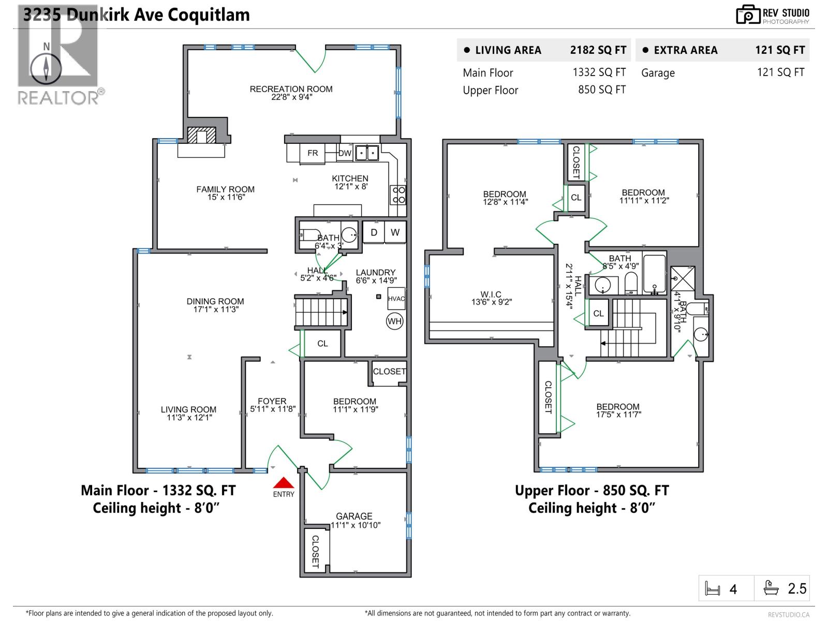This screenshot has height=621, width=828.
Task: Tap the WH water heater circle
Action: point(394,321)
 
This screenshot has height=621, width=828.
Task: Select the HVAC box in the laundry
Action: point(396,299)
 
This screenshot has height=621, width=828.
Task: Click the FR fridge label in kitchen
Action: point(313,153)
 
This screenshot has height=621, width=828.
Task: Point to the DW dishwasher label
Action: point(345,153)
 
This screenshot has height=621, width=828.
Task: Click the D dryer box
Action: point(374,232)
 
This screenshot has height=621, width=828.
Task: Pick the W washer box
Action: point(395,232)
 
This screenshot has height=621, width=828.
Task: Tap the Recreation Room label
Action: point(291,89)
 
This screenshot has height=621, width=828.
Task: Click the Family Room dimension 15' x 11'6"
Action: point(226,197)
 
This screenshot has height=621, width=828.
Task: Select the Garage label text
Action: point(354,516)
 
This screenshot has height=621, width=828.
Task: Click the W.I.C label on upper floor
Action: point(491,294)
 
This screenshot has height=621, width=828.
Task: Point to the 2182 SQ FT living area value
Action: point(598,50)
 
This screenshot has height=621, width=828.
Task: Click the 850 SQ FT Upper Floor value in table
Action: point(601,90)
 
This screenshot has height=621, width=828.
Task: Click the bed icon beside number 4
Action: point(713,589)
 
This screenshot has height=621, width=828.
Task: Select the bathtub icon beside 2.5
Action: point(771,588)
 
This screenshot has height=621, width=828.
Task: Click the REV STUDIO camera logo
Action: point(748,14)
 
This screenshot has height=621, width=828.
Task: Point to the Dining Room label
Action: point(215,301)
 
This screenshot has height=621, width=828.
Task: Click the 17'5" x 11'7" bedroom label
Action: point(618,414)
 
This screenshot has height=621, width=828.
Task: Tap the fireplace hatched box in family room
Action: point(201,136)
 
